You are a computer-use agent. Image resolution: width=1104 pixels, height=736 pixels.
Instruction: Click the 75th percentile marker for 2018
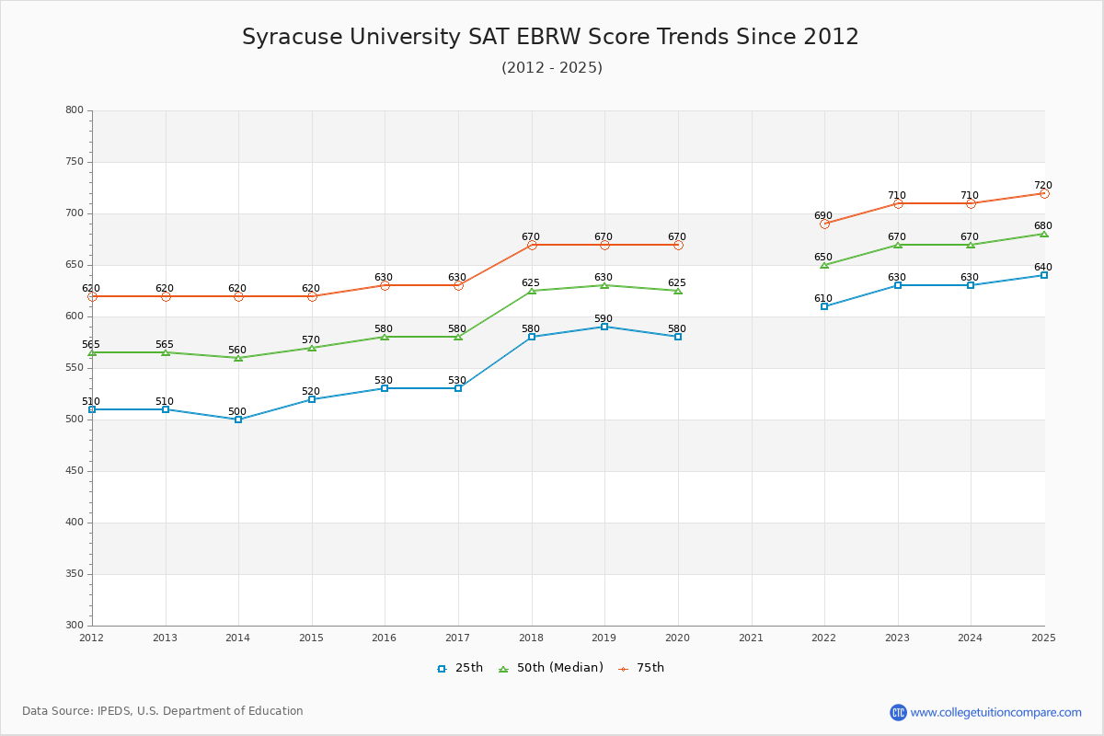coord(532,245)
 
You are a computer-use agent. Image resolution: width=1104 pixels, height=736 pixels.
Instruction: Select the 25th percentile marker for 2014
coord(238,420)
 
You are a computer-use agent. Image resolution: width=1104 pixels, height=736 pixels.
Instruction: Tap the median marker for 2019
coord(604,285)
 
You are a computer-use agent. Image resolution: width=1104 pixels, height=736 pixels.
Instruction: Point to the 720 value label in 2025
coord(1042,186)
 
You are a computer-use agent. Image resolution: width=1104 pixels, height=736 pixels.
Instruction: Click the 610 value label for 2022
coord(822,299)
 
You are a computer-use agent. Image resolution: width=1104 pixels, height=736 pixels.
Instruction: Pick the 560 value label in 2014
coord(237,351)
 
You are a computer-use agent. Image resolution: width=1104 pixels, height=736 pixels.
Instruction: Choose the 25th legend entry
coord(460,668)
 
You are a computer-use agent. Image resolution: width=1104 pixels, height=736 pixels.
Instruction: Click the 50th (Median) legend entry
coord(551,668)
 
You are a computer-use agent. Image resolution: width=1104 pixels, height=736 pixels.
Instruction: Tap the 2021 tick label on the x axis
coord(751,638)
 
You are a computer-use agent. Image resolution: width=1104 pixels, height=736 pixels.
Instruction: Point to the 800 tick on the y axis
coord(74,110)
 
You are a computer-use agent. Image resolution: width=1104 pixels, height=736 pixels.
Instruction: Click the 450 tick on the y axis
coord(74,471)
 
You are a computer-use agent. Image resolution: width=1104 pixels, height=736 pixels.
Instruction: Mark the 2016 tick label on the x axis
coord(385,638)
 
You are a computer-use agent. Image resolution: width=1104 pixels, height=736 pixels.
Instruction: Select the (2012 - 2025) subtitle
coord(552,68)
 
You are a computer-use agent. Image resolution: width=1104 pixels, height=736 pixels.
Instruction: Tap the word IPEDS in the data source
coord(118,711)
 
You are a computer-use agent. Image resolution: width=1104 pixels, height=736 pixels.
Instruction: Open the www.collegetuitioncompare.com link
coord(995,712)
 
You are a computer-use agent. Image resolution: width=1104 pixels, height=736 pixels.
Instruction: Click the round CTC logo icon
coord(898,712)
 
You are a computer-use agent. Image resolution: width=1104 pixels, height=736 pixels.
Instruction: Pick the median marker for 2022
coord(824,265)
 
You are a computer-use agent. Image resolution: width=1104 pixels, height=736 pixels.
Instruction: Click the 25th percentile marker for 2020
coord(678,337)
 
